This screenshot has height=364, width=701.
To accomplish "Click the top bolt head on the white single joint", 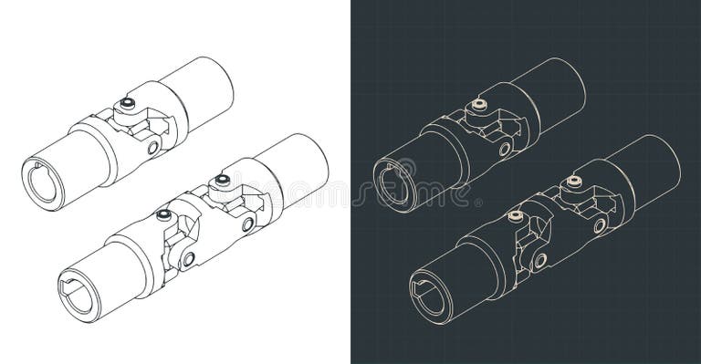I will click(128, 104).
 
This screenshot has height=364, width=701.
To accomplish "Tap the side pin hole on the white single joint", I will click(153, 147).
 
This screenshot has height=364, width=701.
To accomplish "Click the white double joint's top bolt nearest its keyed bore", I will click(163, 215).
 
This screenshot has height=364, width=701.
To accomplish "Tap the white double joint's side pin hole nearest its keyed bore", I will click(188, 259).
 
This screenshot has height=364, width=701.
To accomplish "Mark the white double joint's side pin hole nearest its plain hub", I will click(247, 224).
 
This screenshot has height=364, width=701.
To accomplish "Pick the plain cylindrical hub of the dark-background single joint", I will click(553, 87).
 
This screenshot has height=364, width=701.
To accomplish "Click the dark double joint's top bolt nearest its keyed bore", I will click(515, 217).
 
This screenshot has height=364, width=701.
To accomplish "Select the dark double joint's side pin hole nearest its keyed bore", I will click(539, 260).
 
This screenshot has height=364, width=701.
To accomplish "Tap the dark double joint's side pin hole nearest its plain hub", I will click(599, 225).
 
